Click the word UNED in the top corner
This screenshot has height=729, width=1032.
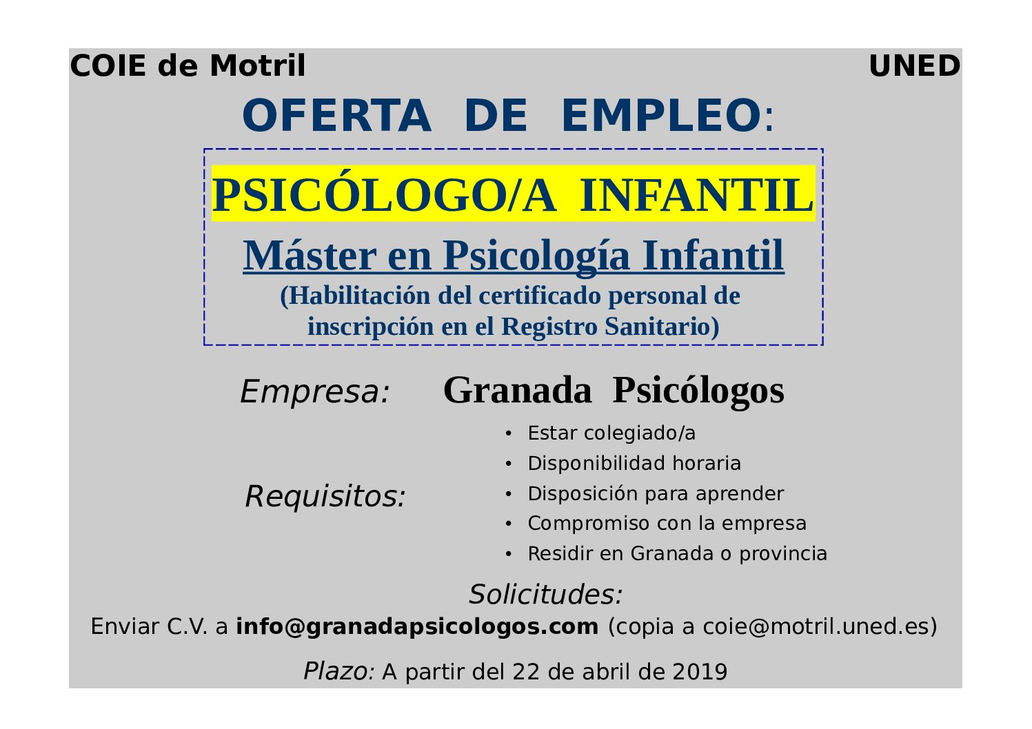(x=915, y=66)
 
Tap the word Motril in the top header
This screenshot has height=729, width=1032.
(x=258, y=65)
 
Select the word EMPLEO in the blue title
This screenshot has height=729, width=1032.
(x=661, y=115)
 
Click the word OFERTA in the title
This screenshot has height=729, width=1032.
(x=337, y=115)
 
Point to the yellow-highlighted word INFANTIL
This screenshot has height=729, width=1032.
(x=696, y=195)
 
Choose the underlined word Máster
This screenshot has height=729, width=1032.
(x=310, y=255)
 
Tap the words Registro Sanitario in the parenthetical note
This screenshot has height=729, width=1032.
(x=610, y=327)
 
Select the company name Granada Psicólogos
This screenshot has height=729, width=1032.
(x=614, y=391)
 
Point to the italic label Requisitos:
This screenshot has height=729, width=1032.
(x=325, y=496)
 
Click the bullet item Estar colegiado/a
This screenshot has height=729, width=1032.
(x=611, y=433)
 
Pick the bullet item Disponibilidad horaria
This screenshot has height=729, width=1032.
(x=634, y=463)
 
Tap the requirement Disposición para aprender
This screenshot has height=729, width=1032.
(x=656, y=493)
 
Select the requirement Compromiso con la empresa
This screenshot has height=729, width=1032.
(x=667, y=524)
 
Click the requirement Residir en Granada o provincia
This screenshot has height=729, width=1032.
(x=678, y=553)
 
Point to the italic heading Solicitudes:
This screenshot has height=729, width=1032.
(x=546, y=594)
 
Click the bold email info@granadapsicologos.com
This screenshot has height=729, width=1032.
(x=417, y=626)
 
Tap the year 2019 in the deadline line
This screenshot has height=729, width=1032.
(x=700, y=672)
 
